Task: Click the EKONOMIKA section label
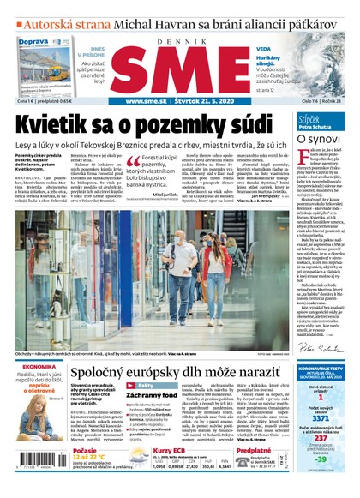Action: pyautogui.click(x=39, y=367)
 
